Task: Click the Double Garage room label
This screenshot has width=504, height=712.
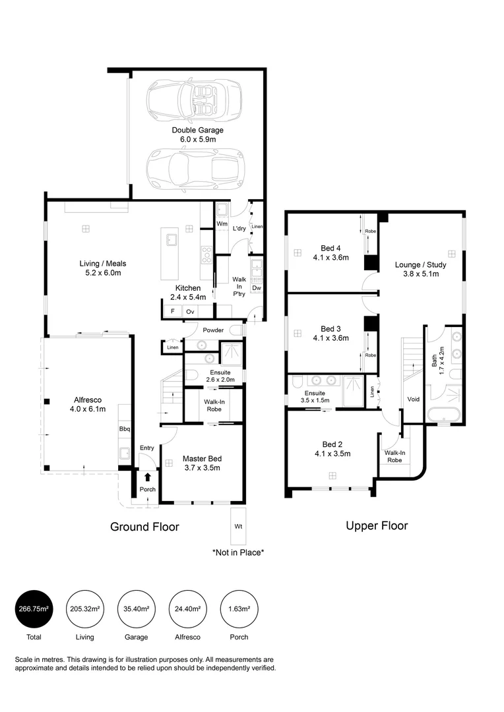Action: click(x=197, y=135)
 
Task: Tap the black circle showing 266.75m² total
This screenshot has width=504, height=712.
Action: click(x=34, y=609)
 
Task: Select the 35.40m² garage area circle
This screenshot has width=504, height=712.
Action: click(x=137, y=609)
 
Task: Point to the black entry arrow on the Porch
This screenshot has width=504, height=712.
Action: click(x=147, y=477)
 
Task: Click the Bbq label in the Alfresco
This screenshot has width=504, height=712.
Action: click(x=125, y=429)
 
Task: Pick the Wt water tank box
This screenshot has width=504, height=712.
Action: click(x=238, y=526)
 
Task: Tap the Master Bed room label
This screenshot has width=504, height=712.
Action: click(x=203, y=463)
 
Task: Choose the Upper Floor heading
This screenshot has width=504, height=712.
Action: click(x=377, y=525)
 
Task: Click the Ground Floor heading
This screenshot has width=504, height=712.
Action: click(x=144, y=527)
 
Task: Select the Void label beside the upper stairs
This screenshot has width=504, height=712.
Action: click(x=413, y=399)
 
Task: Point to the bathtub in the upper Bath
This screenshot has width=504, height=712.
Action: click(x=443, y=415)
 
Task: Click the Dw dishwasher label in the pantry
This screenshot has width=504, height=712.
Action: click(x=257, y=288)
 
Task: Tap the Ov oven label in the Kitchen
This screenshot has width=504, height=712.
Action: click(x=190, y=311)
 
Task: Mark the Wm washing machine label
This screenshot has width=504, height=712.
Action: click(x=222, y=224)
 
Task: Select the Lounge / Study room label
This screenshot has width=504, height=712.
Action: click(x=420, y=269)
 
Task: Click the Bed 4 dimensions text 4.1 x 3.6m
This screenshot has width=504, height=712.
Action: click(x=331, y=258)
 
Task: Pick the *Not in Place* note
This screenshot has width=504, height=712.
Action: click(x=238, y=552)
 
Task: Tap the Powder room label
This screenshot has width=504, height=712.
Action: click(x=213, y=330)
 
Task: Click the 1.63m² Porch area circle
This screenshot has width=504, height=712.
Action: click(x=239, y=609)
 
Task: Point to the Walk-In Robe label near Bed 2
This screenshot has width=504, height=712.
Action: click(x=394, y=456)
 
